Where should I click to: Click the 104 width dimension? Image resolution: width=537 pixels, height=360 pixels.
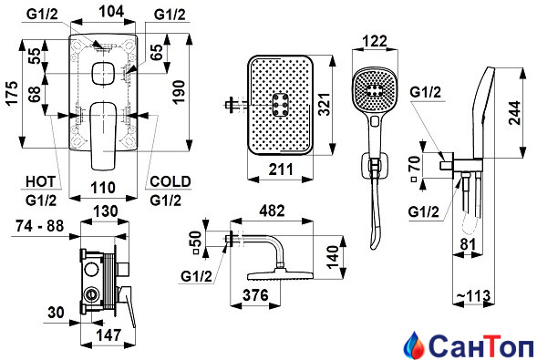[x=111, y=11]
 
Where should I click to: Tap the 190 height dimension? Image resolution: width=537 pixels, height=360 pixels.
[x=179, y=92]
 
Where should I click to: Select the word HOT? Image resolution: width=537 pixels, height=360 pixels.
[x=40, y=181]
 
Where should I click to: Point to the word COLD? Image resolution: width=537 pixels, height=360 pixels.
[x=170, y=181]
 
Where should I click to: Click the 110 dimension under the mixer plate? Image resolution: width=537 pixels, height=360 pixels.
[x=103, y=188]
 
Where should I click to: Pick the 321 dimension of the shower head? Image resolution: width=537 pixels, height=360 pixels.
[x=324, y=104]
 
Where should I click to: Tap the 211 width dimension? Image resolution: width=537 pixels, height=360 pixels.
[x=281, y=169]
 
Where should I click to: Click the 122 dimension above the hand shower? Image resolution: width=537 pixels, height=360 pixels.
[x=375, y=41]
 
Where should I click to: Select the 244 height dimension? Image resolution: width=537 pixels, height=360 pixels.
[x=514, y=113]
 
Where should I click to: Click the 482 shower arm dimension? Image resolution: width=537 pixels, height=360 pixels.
[x=272, y=211]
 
